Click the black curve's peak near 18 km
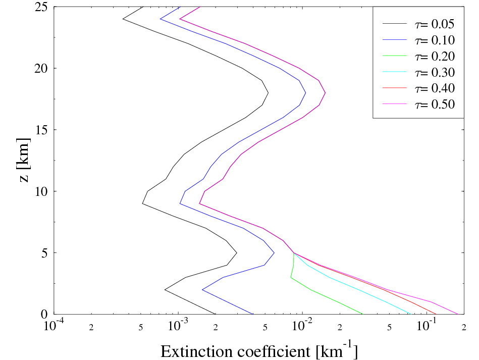[x=269, y=93]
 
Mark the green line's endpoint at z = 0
[x=362, y=314]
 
